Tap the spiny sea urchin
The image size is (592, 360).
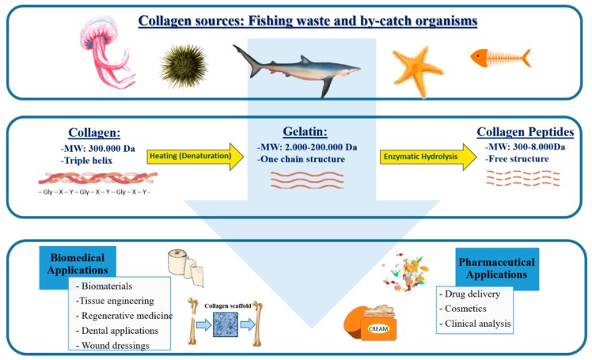184,66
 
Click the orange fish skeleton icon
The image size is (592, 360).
500,58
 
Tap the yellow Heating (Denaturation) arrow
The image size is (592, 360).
195,156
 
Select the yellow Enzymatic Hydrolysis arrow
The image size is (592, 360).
428,157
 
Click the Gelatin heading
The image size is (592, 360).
305,131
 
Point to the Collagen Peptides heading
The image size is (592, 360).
526,131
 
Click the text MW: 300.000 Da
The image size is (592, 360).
98,148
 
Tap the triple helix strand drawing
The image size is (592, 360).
98,178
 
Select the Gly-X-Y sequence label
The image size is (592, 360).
94,192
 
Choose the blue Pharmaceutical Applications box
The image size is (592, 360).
497,268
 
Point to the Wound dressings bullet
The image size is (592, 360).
112,345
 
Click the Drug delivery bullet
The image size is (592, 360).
469,294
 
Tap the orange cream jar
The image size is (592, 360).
371,323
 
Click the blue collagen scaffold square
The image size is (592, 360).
226,324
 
